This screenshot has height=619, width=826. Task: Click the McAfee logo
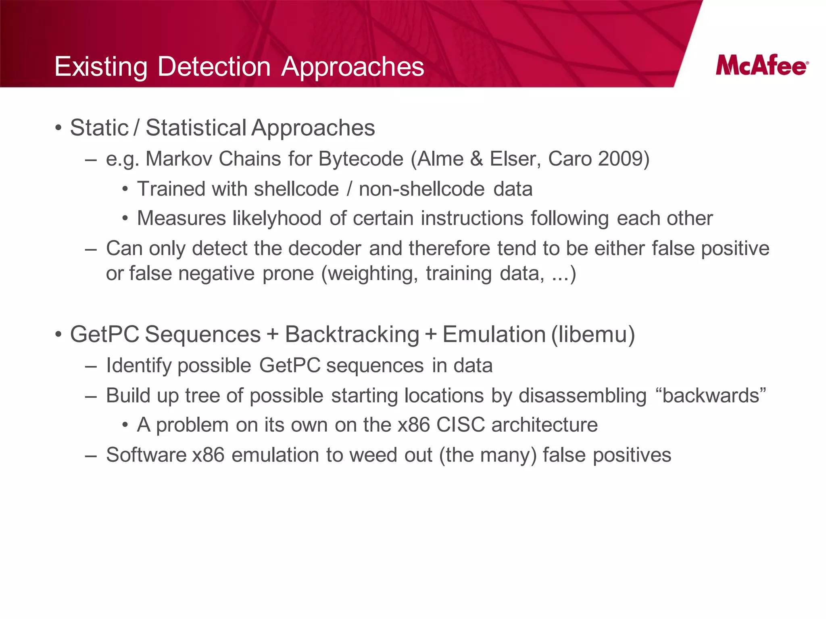[761, 65]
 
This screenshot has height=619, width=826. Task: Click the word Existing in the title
[101, 66]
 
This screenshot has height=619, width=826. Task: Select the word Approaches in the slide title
[353, 66]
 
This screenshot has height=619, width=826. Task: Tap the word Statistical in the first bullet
[196, 128]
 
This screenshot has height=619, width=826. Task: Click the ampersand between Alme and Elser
[476, 158]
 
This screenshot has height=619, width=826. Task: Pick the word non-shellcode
[421, 189]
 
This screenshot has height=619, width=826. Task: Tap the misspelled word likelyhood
[277, 218]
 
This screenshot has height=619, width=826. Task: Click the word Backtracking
[352, 334]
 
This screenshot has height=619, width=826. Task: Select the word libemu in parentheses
[593, 334]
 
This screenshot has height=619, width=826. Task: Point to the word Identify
[139, 366]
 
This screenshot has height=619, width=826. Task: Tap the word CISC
[460, 425]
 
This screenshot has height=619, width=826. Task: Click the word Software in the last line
[146, 455]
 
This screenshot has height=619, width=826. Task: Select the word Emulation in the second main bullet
[494, 334]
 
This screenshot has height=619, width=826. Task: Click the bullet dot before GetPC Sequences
[58, 335]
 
